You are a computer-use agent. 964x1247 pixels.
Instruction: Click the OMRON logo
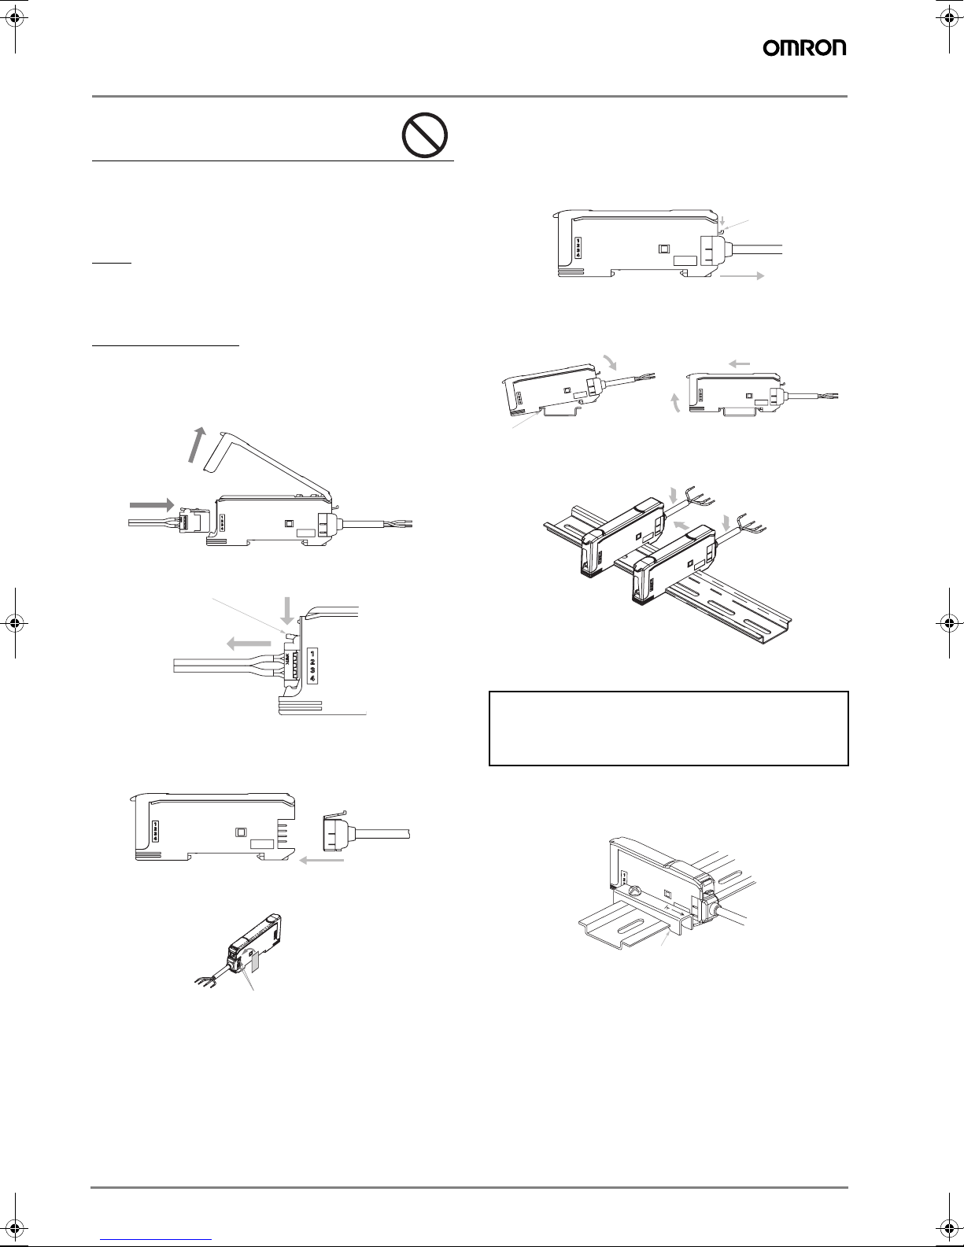pos(804,48)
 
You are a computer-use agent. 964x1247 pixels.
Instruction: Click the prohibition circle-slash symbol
pos(425,135)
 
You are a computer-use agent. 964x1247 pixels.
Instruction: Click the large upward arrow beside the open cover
pos(197,445)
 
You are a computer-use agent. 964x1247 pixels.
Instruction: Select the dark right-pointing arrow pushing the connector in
pos(151,504)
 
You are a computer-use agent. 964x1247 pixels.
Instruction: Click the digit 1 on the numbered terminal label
pos(312,652)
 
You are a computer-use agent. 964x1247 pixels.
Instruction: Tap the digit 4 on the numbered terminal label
pos(312,678)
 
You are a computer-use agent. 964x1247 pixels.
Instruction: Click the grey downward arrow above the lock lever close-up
pos(287,611)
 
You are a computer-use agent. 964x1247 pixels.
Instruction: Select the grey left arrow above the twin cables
pos(249,644)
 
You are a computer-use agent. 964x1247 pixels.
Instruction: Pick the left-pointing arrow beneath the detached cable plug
pos(321,860)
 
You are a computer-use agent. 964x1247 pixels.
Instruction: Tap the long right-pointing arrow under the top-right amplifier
pos(741,275)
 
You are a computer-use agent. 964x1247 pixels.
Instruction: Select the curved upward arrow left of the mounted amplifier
pos(676,403)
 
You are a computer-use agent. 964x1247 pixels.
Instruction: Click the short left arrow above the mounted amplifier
pos(739,363)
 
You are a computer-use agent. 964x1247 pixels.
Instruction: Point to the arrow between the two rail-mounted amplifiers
pos(681,523)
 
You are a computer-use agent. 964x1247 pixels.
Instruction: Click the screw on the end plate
pos(634,891)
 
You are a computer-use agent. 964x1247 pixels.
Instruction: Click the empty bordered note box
pos(668,729)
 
